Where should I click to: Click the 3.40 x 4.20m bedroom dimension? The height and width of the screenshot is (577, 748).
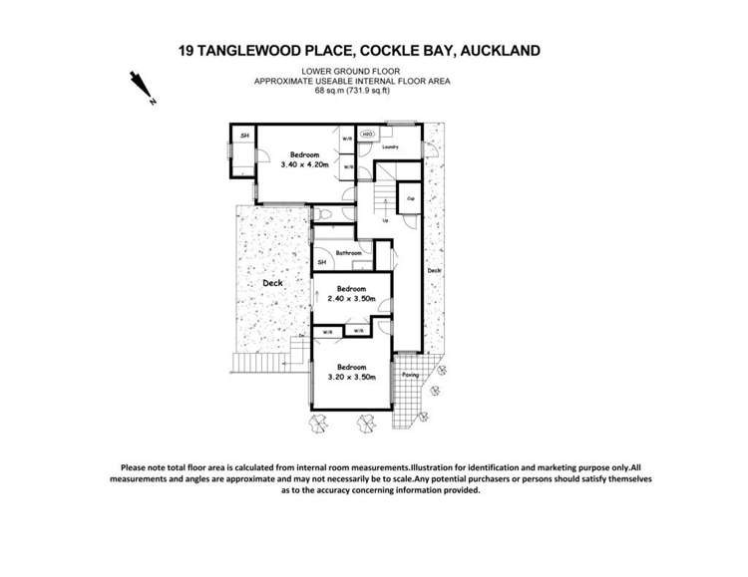[x=305, y=165]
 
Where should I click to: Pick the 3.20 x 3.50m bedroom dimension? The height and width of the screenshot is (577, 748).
[x=352, y=377]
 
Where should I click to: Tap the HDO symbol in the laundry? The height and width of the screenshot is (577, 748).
[x=367, y=135]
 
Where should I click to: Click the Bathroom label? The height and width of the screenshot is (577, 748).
[x=348, y=253]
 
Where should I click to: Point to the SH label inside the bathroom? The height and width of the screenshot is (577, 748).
[x=321, y=262]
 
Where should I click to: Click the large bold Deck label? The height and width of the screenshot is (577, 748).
[x=273, y=283]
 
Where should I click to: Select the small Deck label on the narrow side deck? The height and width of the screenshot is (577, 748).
[x=434, y=270]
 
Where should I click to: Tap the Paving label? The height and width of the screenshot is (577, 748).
[x=409, y=375]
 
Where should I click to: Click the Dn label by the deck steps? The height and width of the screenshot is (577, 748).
[x=301, y=336]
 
